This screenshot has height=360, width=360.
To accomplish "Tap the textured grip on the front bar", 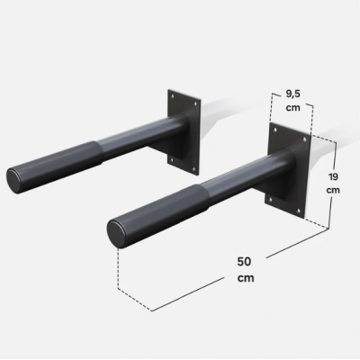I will tap(163, 212).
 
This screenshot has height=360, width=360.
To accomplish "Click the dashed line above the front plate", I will tap(291, 110).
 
